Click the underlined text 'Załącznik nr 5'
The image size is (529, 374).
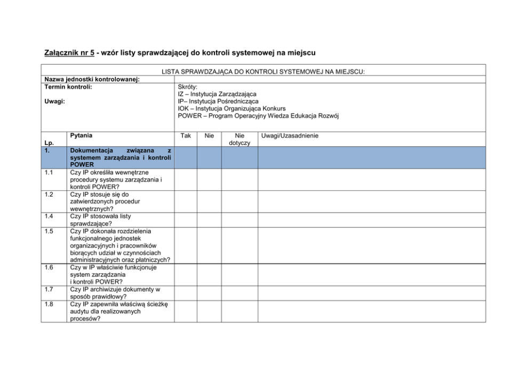coord(68,53)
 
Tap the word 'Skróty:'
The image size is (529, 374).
coord(188,87)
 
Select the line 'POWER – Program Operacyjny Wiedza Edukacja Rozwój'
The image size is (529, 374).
coord(258,116)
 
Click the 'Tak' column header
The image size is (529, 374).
coord(186,136)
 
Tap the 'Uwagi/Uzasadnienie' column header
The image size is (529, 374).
coord(290,136)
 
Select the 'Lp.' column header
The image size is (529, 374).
coord(49,143)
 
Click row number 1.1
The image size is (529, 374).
coord(49,173)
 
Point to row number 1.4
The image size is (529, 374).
coord(49,216)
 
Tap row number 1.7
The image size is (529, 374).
coord(49,289)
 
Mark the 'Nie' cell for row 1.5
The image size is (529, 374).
coord(210,246)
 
